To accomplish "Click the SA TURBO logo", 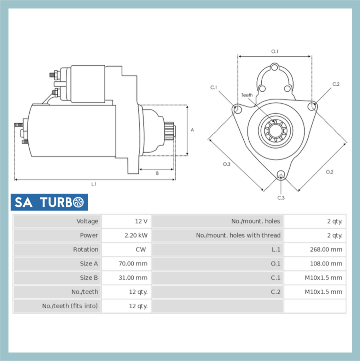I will click(49, 202).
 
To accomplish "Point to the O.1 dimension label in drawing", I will click(275, 52).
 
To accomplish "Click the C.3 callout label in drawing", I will click(281, 198).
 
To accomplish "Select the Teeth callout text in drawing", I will click(247, 95).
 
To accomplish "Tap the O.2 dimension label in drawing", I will click(329, 172).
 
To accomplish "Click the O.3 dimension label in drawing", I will click(227, 164).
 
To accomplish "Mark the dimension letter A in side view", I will click(192, 130).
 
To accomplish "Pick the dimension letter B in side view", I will click(157, 173).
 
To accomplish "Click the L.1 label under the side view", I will click(94, 184).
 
